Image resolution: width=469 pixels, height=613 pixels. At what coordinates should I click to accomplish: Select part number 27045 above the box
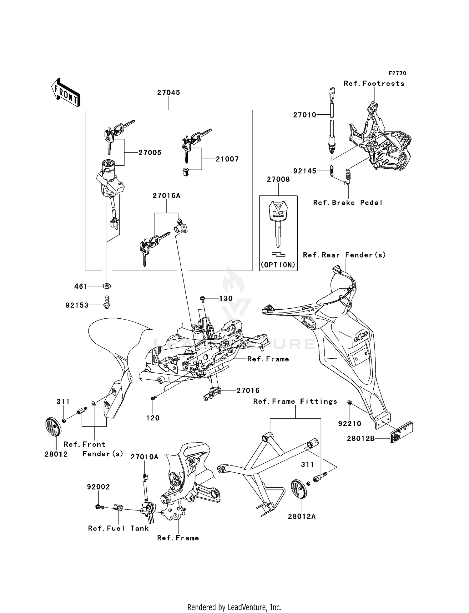(x=169, y=92)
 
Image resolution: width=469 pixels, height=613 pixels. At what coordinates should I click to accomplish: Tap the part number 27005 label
(x=150, y=153)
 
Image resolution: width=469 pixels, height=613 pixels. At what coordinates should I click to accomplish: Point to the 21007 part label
(x=227, y=159)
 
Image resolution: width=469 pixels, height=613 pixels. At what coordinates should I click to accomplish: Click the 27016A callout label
(x=166, y=196)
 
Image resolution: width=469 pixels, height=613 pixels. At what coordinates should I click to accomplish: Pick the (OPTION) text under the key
(x=278, y=265)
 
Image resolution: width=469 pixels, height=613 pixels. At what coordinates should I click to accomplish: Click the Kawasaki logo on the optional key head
(x=278, y=214)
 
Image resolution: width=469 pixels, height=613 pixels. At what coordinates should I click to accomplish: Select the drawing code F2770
(x=397, y=73)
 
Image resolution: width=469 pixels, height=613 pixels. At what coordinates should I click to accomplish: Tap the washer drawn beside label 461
(x=107, y=286)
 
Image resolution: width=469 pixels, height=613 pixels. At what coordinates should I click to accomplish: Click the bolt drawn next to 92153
(x=107, y=302)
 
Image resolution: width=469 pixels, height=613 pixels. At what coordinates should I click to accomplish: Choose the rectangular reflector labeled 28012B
(x=401, y=432)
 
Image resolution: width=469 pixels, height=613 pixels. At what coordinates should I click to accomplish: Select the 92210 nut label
(x=350, y=424)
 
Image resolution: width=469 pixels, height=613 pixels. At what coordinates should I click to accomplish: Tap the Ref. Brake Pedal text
(x=348, y=203)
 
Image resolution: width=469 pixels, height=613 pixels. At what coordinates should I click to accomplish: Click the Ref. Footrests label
(x=374, y=83)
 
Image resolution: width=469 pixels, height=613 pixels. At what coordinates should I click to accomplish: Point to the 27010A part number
(x=144, y=457)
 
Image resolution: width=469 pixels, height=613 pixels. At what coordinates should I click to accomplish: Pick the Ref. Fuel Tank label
(x=118, y=528)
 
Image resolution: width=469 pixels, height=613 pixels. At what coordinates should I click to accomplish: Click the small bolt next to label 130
(x=203, y=299)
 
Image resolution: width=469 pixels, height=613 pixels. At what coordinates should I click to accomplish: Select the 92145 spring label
(x=305, y=171)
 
